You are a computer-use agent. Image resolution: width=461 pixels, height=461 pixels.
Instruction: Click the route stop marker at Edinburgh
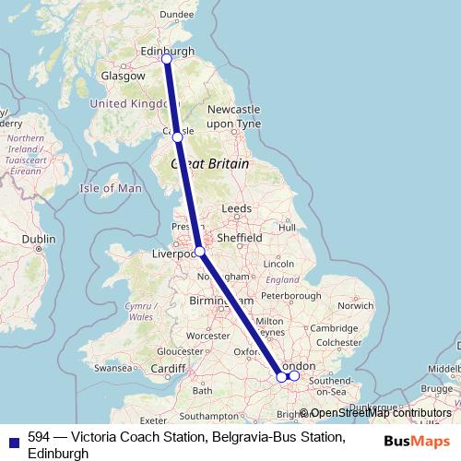click(x=167, y=59)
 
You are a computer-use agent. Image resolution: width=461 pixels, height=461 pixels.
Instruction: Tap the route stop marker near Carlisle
click(x=178, y=137)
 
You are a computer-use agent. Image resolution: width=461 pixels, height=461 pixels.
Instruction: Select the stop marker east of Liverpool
click(x=199, y=251)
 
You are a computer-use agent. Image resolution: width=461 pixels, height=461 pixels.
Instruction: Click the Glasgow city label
click(x=121, y=77)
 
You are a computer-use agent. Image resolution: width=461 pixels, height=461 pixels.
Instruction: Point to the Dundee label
click(x=177, y=14)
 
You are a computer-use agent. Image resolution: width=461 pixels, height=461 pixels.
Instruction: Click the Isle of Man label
click(x=111, y=188)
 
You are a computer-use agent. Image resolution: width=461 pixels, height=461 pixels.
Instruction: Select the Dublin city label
click(x=39, y=238)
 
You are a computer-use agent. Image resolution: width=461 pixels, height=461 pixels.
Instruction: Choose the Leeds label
click(x=236, y=209)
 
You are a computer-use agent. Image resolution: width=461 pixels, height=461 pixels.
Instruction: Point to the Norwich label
click(x=355, y=305)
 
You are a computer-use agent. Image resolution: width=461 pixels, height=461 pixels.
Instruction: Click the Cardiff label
click(x=169, y=370)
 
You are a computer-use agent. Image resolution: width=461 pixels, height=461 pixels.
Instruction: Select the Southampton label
click(x=211, y=417)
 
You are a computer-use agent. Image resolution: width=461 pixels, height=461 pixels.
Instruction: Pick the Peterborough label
click(x=290, y=296)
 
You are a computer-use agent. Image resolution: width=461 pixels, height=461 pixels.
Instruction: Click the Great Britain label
click(x=210, y=163)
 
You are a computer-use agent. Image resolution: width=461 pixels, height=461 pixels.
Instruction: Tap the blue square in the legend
click(x=12, y=439)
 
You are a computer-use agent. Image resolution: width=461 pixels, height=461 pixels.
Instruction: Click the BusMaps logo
click(x=417, y=441)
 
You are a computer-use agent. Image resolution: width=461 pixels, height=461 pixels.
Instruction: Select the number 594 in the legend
click(x=39, y=437)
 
